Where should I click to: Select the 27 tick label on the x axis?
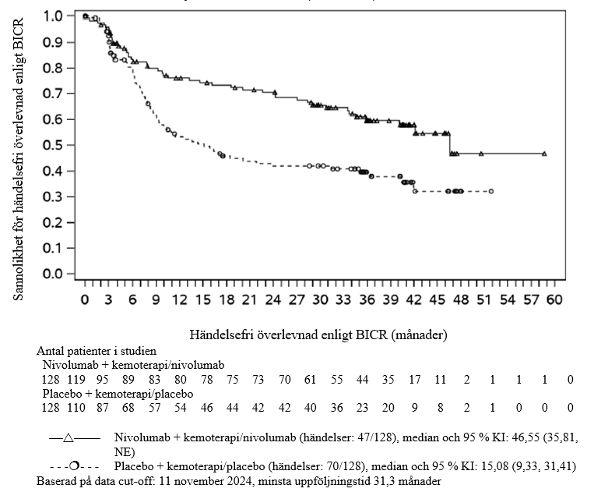(297, 300)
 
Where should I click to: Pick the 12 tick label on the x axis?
(179, 300)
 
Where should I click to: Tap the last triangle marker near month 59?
(544, 154)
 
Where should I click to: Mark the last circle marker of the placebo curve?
(491, 191)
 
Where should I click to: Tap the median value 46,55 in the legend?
(466, 437)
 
